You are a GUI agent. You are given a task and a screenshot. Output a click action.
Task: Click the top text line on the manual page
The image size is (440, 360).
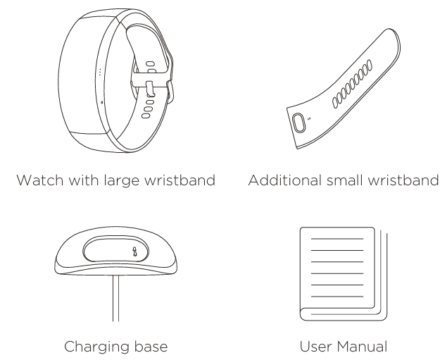point(337,240)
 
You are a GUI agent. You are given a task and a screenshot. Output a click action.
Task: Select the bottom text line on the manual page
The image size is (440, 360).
point(337,297)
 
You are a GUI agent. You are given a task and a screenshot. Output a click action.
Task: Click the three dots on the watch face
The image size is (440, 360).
point(100,73)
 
